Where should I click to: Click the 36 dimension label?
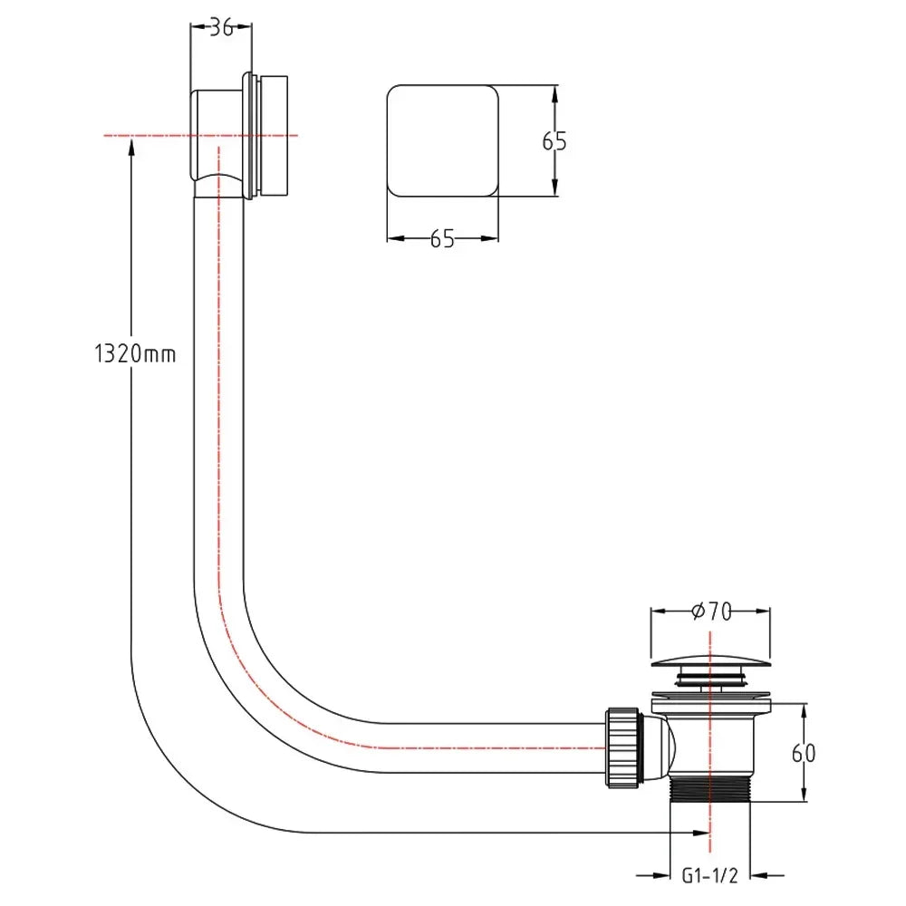click(x=220, y=28)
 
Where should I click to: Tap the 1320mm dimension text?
click(x=134, y=354)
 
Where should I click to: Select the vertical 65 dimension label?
click(x=554, y=141)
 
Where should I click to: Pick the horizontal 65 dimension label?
click(x=442, y=239)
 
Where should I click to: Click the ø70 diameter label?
click(x=710, y=612)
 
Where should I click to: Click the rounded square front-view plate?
click(x=442, y=140)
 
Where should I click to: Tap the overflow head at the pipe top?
click(x=243, y=134)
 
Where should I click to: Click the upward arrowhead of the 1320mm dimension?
click(x=132, y=146)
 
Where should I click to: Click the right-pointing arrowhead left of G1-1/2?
click(x=660, y=877)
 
